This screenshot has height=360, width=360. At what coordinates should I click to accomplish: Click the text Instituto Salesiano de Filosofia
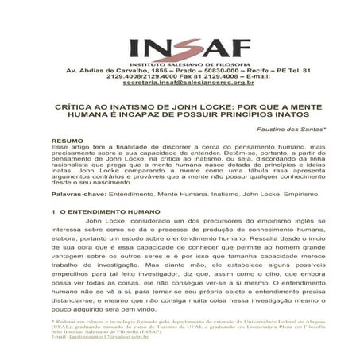point(180,64)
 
